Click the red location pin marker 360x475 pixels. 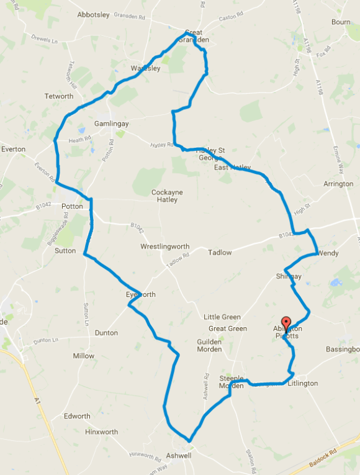[286, 323]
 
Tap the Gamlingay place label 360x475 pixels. [111, 124]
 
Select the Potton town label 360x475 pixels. [72, 206]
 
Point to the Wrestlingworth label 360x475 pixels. [164, 247]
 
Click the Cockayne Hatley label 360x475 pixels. [167, 196]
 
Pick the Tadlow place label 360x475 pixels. [220, 253]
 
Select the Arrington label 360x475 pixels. [338, 184]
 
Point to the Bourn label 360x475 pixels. [341, 22]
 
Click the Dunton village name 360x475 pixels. [106, 333]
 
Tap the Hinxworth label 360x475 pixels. [102, 432]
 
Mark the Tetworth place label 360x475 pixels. [59, 96]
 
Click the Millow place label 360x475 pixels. [84, 356]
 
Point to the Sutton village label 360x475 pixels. [65, 251]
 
